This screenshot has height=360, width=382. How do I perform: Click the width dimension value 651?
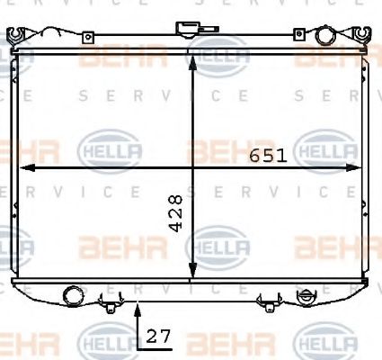[268, 156]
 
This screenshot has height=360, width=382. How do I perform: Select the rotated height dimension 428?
[175, 213]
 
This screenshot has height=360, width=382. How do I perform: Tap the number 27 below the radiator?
[158, 337]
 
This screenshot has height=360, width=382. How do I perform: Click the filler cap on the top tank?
[188, 30]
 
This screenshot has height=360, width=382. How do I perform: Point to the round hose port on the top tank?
[325, 35]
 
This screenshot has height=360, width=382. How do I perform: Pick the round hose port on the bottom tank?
[73, 296]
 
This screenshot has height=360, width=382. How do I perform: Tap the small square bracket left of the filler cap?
[88, 38]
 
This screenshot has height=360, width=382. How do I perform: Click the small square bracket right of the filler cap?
[299, 34]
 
